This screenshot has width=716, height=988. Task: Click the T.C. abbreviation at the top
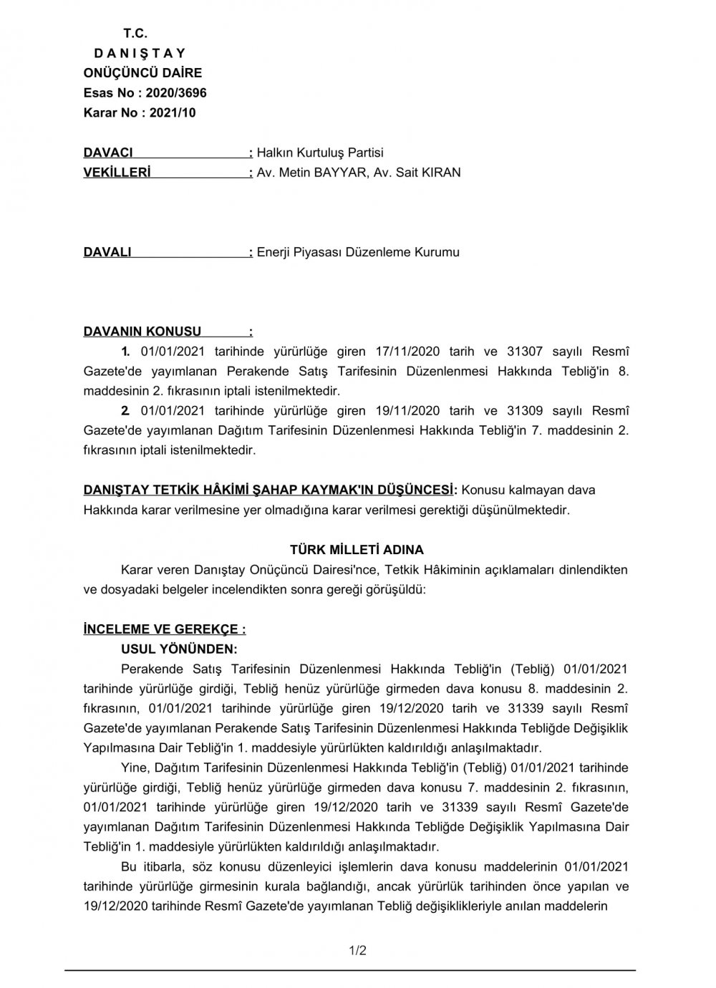[135, 33]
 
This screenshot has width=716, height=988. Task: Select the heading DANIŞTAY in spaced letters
[140, 53]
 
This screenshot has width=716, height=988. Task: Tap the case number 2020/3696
[176, 92]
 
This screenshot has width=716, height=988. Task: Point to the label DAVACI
[108, 152]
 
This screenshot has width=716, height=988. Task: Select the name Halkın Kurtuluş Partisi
[320, 152]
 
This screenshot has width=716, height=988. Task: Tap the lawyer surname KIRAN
[437, 173]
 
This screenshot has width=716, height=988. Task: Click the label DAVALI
[107, 252]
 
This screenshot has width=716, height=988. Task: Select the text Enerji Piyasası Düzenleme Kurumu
[358, 252]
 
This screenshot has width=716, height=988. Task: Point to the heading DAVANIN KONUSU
[142, 331]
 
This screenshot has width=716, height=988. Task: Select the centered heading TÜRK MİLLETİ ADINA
[357, 550]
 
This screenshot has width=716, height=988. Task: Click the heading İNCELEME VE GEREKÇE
[164, 629]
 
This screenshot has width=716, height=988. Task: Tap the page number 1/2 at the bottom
[357, 951]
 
